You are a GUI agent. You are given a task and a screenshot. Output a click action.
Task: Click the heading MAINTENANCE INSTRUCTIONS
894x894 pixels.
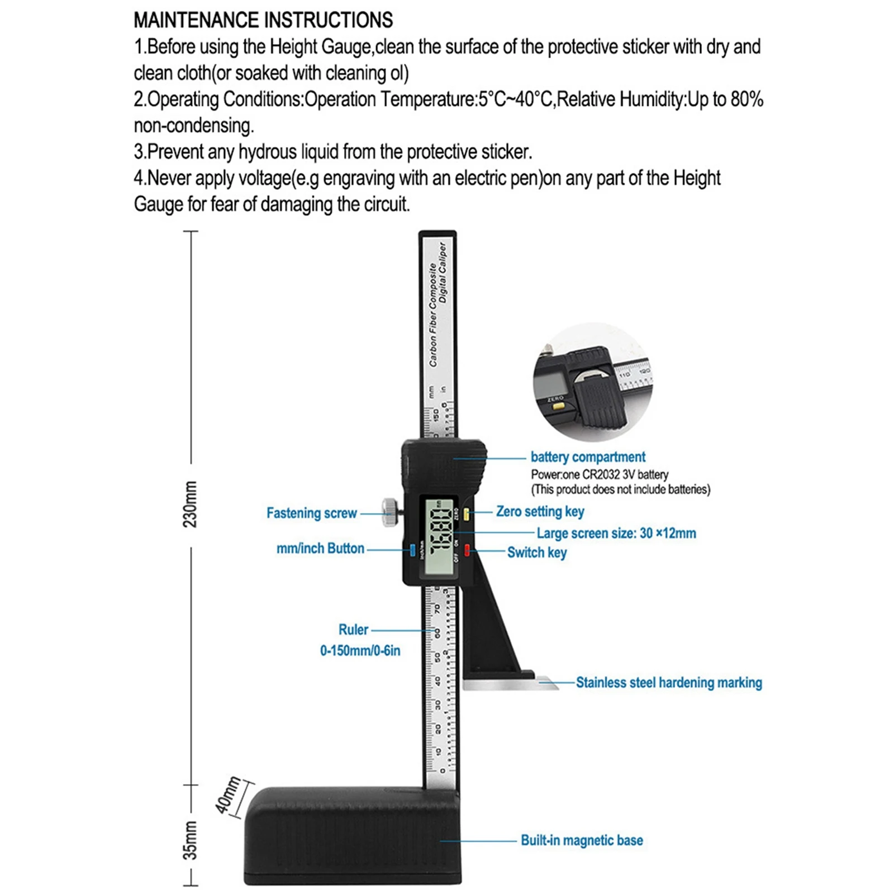point(263,20)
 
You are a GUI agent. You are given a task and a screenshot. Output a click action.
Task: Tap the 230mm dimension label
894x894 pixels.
point(191,504)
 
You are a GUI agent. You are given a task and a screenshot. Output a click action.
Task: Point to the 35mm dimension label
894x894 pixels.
point(191,840)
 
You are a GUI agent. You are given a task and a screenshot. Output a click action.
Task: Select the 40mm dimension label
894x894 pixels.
point(229,795)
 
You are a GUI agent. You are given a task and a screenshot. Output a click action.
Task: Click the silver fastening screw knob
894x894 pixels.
point(389,512)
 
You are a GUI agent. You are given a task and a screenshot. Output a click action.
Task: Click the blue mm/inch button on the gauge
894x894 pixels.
point(413,550)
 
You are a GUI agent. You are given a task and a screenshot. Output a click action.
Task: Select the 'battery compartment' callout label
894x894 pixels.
point(588,457)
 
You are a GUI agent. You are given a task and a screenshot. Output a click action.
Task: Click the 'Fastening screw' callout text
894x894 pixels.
point(311,513)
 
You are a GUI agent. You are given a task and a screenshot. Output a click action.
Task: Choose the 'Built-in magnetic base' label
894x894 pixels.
point(582,840)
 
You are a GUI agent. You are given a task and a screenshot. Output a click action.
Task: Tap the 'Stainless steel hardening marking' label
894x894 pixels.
point(669,682)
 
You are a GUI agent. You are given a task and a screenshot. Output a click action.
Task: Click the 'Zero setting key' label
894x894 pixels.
point(540,511)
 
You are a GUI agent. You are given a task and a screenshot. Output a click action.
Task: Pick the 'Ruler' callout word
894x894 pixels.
point(353,630)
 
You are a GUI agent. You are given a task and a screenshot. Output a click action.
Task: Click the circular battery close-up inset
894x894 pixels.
point(592,382)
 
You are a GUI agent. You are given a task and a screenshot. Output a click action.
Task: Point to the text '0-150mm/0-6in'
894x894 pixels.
point(360,650)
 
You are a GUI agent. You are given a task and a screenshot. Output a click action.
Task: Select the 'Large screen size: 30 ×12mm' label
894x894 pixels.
point(616,533)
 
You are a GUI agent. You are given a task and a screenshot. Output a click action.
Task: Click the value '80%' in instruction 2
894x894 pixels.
point(746,99)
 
